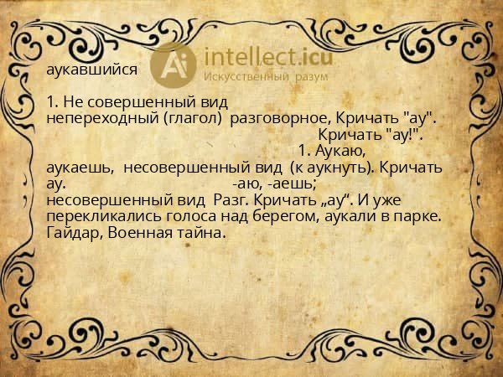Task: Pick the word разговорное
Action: tap(273, 118)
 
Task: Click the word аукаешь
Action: tap(80, 168)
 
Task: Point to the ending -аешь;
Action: tap(293, 184)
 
